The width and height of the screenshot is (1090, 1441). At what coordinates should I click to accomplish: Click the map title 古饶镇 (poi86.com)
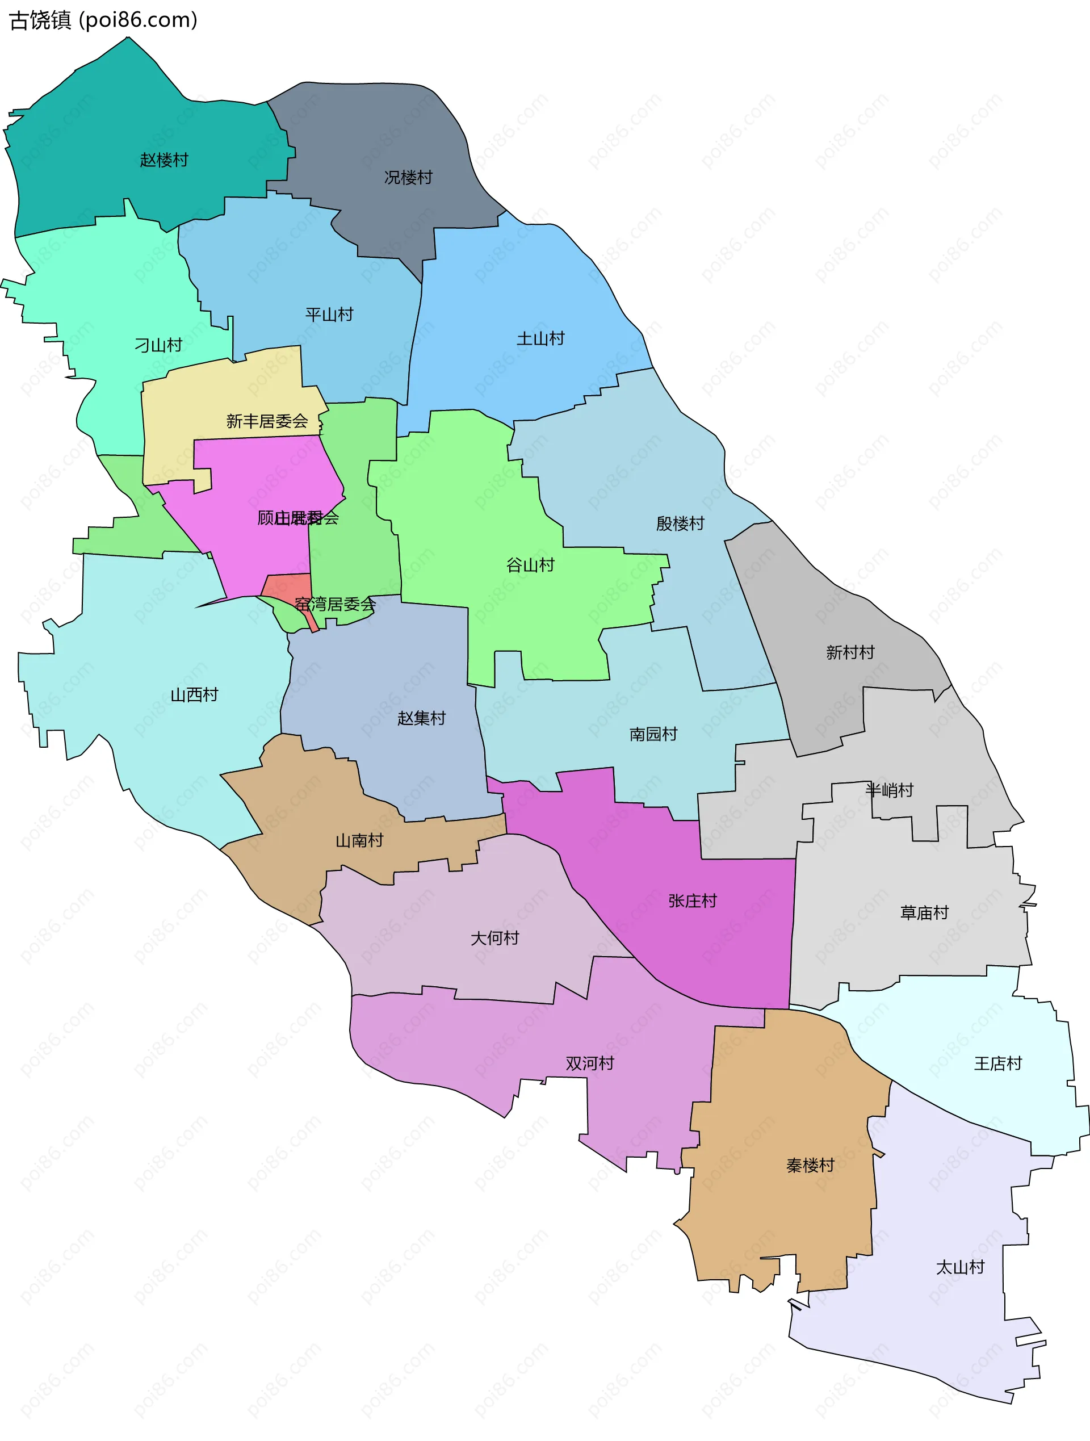pyautogui.click(x=103, y=20)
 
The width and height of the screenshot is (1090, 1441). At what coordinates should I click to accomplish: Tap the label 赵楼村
pyautogui.click(x=164, y=160)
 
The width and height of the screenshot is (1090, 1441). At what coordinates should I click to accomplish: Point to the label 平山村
pyautogui.click(x=330, y=315)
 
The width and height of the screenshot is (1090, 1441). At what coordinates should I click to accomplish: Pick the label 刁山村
pyautogui.click(x=158, y=345)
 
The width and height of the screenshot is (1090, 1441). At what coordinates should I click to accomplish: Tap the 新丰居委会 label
pyautogui.click(x=267, y=421)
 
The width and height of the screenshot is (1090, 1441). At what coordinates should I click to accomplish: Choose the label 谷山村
pyautogui.click(x=530, y=565)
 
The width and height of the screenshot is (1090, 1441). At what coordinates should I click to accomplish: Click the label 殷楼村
pyautogui.click(x=680, y=523)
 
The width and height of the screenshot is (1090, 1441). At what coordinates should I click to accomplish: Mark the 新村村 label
pyautogui.click(x=850, y=652)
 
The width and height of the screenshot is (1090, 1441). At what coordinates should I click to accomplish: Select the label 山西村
pyautogui.click(x=194, y=694)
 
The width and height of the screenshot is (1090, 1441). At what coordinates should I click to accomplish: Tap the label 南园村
pyautogui.click(x=653, y=734)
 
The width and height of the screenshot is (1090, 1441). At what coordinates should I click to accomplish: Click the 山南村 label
pyautogui.click(x=359, y=840)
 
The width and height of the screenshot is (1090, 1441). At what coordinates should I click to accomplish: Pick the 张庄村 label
pyautogui.click(x=693, y=901)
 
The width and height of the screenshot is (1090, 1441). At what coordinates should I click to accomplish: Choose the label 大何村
pyautogui.click(x=495, y=938)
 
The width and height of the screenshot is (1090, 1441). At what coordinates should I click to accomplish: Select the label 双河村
pyautogui.click(x=590, y=1063)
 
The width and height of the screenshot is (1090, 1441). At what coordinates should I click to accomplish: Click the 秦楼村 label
pyautogui.click(x=811, y=1166)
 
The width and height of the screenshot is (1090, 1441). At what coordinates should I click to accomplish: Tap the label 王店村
pyautogui.click(x=998, y=1063)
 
